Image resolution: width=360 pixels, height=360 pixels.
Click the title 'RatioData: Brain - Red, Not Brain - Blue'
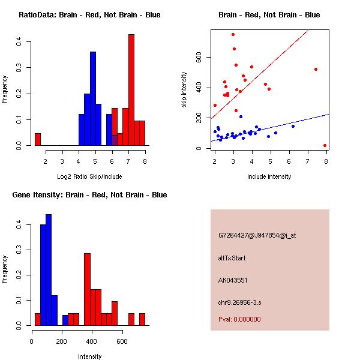[x=89, y=15]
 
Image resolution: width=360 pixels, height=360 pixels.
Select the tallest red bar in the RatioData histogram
[x=131, y=90]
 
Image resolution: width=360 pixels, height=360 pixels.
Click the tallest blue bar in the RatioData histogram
[x=93, y=99]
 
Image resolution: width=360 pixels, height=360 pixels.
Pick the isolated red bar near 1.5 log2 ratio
[x=38, y=139]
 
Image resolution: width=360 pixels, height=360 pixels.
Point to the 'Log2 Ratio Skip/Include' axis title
[x=89, y=176]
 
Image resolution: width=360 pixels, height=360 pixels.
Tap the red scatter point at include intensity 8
[x=325, y=145]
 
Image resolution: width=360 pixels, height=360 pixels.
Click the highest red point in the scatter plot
[x=233, y=34]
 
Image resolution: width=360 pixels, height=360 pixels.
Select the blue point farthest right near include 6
[x=293, y=126]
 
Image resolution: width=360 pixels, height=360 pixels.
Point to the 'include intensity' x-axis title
[x=269, y=176]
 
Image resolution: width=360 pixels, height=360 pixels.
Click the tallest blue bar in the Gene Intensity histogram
[x=49, y=269]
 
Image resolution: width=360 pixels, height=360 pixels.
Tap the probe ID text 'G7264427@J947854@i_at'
[x=257, y=235]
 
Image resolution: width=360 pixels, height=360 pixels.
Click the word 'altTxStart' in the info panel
[x=232, y=258]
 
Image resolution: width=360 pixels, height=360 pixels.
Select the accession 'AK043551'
[x=233, y=280]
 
